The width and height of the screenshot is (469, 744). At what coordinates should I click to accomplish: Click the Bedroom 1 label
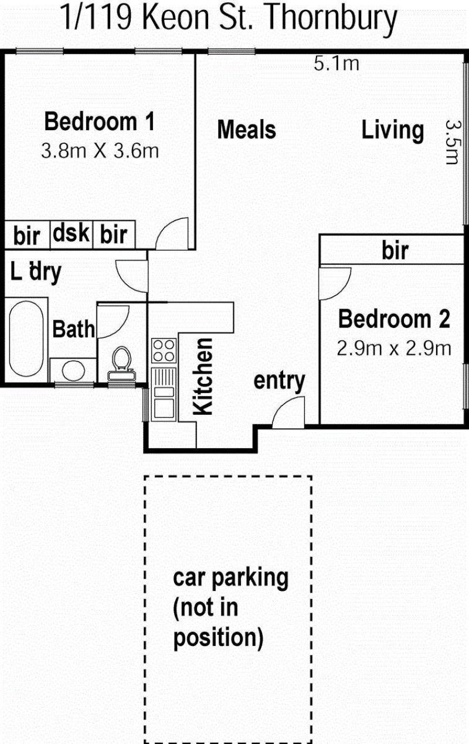pos(100,122)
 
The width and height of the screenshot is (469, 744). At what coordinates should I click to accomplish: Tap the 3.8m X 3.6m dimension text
pos(100,151)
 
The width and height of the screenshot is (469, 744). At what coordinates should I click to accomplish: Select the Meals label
pos(247,130)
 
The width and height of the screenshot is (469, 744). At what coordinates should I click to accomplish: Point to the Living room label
pos(392,130)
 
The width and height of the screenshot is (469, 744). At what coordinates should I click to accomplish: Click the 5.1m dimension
pos(337,63)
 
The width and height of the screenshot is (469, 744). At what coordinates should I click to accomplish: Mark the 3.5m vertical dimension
pos(453,142)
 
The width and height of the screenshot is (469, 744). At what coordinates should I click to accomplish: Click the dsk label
pos(71,233)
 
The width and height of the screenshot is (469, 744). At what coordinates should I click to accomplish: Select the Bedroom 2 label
pos(395,319)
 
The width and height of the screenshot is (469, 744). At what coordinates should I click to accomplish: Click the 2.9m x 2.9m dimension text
pos(394,349)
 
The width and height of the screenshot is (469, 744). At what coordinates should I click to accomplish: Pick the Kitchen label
pos(203,377)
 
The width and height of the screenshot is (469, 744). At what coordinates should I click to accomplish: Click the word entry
pos(279,381)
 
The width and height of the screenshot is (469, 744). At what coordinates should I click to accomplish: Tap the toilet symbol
pos(121,363)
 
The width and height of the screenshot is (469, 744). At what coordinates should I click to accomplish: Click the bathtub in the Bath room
pos(26,339)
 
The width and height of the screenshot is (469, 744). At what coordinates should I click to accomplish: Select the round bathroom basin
pos(73,371)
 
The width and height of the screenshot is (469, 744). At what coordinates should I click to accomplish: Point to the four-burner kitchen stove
pos(164,350)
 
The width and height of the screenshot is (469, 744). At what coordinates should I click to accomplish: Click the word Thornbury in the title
pos(331,19)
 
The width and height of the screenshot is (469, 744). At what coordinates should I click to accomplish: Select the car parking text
pos(230,579)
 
